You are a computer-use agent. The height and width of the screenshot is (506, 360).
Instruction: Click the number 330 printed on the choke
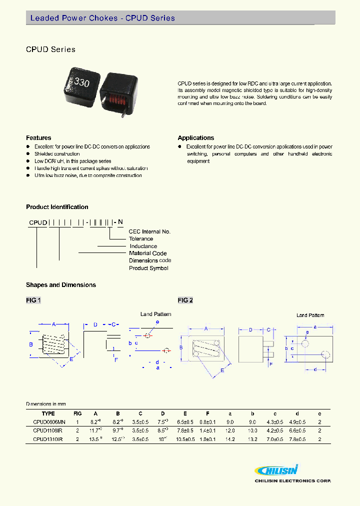coord(81,82)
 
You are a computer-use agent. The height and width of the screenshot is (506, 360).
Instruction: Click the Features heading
coord(38,138)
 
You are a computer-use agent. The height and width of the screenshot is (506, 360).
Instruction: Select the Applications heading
coord(196,138)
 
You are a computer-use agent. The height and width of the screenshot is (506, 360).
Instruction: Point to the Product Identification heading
coord(57,207)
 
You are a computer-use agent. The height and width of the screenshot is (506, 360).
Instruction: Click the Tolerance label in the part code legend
coord(141,239)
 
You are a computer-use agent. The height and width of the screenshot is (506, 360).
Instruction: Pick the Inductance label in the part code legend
coord(143,246)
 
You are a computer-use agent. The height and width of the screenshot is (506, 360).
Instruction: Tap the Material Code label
coord(148,253)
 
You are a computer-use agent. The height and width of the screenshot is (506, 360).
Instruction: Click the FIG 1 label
coord(33,300)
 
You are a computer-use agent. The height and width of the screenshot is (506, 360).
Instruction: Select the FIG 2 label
coord(185,300)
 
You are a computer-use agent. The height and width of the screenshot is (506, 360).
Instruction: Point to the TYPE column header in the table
coord(48,413)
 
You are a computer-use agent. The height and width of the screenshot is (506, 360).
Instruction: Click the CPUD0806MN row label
coord(48,422)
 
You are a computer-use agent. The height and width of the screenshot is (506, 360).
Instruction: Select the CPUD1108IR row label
coord(48,430)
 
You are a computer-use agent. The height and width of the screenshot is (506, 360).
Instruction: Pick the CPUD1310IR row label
coord(48,439)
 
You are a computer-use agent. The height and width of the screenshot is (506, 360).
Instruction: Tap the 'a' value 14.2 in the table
coord(230,439)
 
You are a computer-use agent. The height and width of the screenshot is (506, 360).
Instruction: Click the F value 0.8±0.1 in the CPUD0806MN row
coord(207,422)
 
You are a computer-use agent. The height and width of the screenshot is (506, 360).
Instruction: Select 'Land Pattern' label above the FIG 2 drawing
coord(310,315)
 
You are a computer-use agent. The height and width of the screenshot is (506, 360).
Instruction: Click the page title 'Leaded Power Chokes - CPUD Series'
coord(102,18)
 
